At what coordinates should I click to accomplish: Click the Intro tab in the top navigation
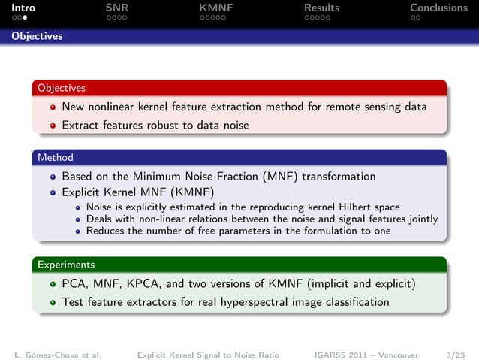click(x=23, y=8)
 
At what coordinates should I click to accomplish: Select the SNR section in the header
click(x=118, y=8)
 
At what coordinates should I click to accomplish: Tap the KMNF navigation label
click(x=215, y=8)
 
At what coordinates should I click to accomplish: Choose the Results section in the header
click(x=321, y=8)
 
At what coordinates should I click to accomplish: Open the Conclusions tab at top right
click(x=438, y=8)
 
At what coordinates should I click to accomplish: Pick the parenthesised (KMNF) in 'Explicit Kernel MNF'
click(x=189, y=192)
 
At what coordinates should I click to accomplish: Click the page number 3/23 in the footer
click(x=454, y=353)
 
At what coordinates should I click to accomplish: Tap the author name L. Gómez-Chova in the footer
click(x=57, y=353)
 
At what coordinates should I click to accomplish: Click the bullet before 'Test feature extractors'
click(x=53, y=303)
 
